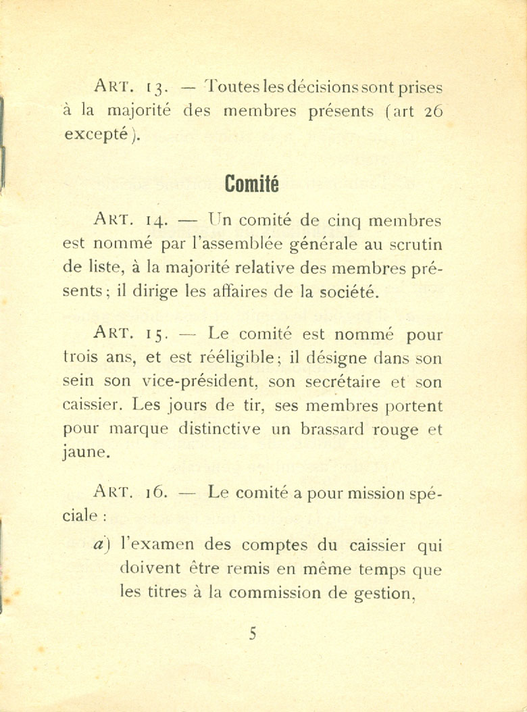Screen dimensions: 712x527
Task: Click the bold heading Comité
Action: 251,183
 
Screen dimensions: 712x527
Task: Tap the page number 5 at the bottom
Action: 253,634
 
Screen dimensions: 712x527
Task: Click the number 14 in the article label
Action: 156,221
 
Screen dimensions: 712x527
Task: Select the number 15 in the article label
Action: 156,334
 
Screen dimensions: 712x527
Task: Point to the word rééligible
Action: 234,358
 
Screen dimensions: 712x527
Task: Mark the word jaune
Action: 86,453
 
